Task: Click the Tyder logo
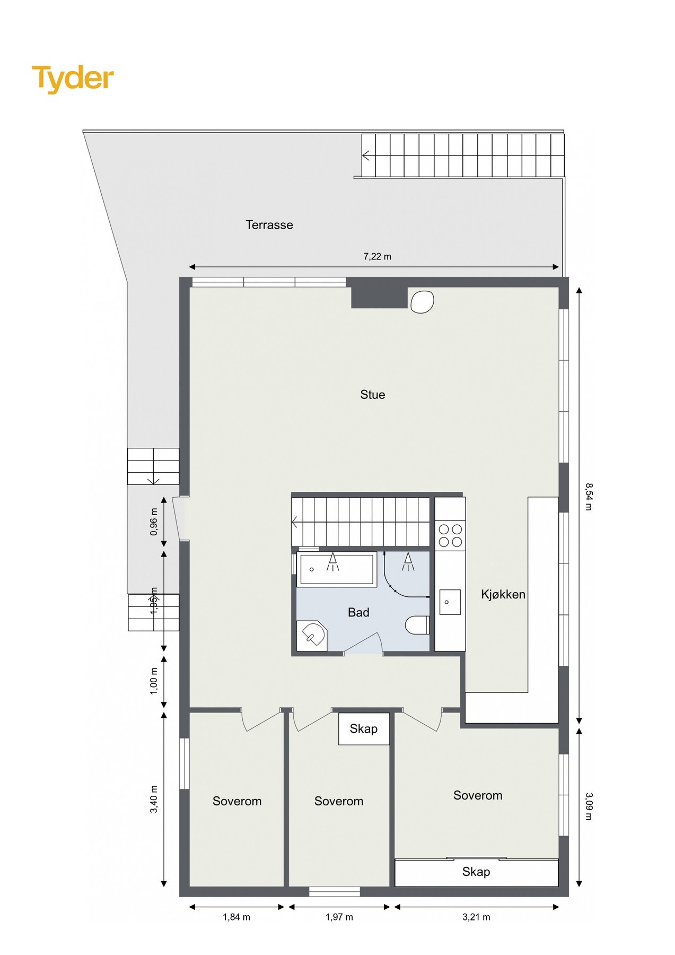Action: tap(73, 79)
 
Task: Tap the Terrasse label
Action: tap(269, 225)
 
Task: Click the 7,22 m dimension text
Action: tap(377, 257)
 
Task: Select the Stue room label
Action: tap(372, 395)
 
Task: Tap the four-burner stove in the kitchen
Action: tap(450, 535)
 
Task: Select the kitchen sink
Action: tap(450, 602)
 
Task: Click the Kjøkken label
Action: tap(503, 595)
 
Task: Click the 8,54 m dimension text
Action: tap(589, 497)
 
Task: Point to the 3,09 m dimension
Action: tap(589, 806)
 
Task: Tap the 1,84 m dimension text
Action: tap(236, 917)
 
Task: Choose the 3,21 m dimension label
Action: tap(476, 917)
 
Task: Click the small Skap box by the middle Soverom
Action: tap(364, 729)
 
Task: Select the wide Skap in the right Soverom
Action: tap(476, 872)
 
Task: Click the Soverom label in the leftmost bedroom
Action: tap(237, 801)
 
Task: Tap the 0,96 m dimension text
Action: tap(154, 522)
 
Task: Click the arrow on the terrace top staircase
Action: tap(366, 155)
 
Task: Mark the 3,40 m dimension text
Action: tap(154, 799)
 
